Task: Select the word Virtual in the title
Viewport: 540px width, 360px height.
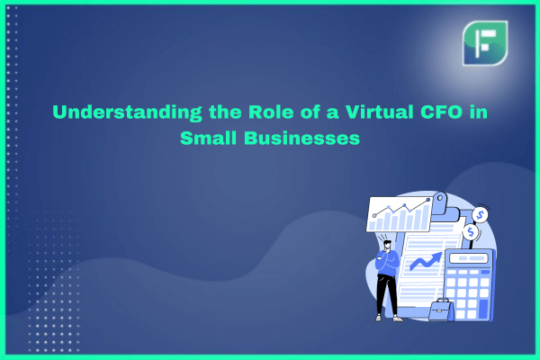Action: (x=379, y=112)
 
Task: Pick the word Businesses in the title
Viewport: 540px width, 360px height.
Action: (x=301, y=138)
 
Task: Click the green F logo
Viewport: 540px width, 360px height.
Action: (x=485, y=43)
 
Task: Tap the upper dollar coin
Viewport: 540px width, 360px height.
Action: (x=480, y=215)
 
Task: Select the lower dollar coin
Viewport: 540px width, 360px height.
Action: (x=471, y=232)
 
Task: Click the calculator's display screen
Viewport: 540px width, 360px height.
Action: (x=469, y=258)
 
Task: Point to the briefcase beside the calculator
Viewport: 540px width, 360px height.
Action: (x=441, y=310)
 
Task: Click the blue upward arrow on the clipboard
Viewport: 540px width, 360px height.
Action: (x=426, y=261)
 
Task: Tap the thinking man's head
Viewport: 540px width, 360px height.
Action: (x=387, y=244)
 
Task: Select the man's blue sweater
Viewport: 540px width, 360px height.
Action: (x=387, y=263)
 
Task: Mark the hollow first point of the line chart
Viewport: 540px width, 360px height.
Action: (x=374, y=216)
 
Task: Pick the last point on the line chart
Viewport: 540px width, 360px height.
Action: (x=428, y=200)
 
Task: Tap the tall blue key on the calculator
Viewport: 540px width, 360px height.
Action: (x=484, y=309)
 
